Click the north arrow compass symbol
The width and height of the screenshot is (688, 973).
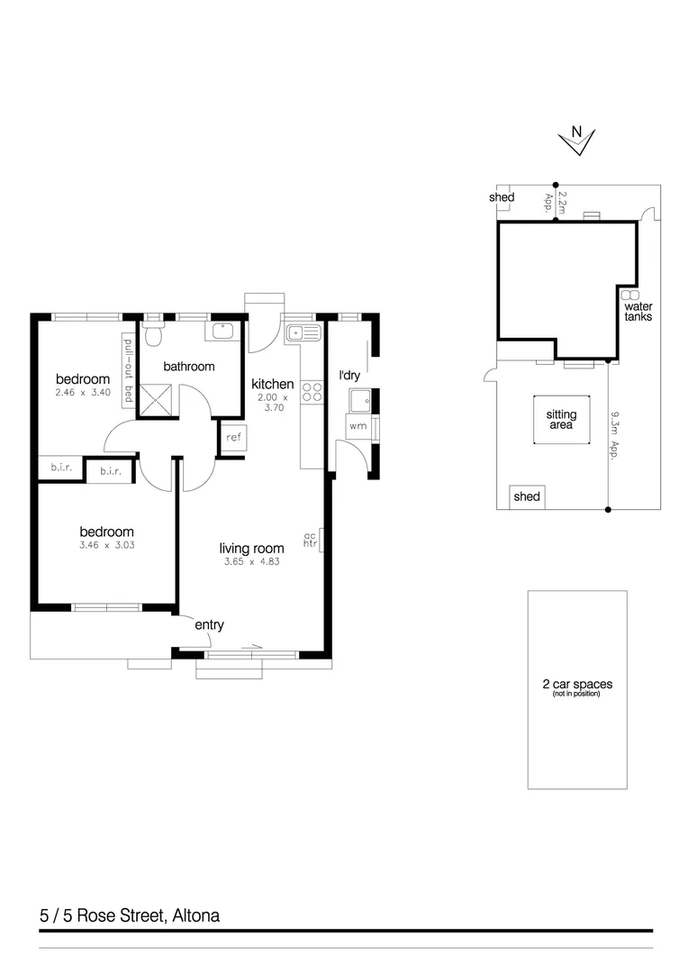pyautogui.click(x=575, y=137)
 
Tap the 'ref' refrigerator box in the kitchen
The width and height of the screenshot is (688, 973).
pyautogui.click(x=233, y=438)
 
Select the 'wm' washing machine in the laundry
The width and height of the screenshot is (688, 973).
pyautogui.click(x=357, y=425)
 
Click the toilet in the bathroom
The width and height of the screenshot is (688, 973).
pyautogui.click(x=154, y=335)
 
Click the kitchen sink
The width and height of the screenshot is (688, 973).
pyautogui.click(x=303, y=333)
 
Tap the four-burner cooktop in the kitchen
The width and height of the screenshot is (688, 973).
pyautogui.click(x=312, y=392)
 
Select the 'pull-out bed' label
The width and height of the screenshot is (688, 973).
pyautogui.click(x=128, y=370)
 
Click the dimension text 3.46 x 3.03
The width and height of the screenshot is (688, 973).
pyautogui.click(x=106, y=545)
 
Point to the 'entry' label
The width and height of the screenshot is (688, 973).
pyautogui.click(x=209, y=625)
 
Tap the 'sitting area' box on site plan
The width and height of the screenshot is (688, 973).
pyautogui.click(x=561, y=420)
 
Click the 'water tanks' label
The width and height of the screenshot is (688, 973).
pyautogui.click(x=638, y=312)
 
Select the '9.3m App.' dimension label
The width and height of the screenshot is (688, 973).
pyautogui.click(x=616, y=436)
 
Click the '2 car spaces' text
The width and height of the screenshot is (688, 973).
pyautogui.click(x=576, y=685)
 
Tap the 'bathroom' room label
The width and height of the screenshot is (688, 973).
pyautogui.click(x=188, y=367)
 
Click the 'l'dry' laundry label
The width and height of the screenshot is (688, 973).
pyautogui.click(x=349, y=375)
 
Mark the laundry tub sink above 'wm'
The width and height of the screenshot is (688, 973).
pyautogui.click(x=359, y=399)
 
